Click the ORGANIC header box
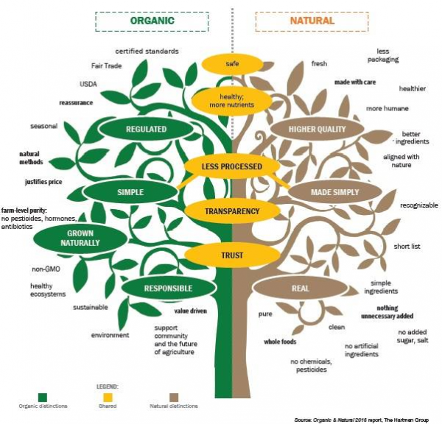click(152, 21)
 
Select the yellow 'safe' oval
click(232, 64)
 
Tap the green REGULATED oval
click(147, 130)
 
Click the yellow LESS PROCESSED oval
click(232, 167)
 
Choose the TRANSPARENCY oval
click(232, 211)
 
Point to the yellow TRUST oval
click(232, 256)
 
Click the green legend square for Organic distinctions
click(43, 395)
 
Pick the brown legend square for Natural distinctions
click(175, 395)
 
